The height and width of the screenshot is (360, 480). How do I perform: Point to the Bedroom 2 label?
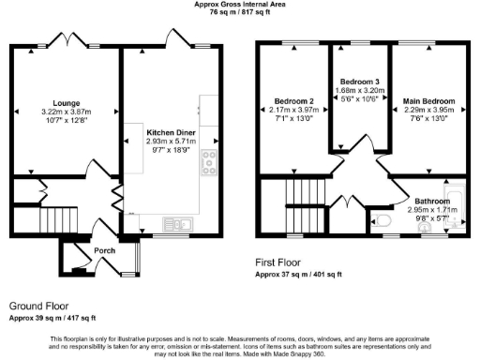[292, 101]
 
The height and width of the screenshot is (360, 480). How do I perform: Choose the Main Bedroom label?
[428, 101]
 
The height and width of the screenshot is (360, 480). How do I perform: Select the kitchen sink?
[176, 223]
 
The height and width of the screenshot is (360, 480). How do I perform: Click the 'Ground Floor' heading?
[40, 307]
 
